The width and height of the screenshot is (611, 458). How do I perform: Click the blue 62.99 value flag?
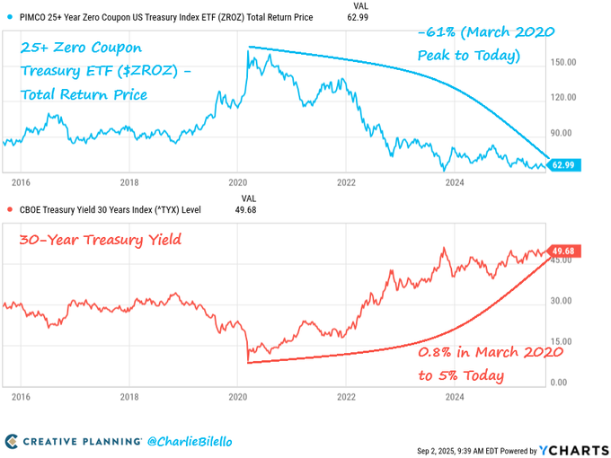564,165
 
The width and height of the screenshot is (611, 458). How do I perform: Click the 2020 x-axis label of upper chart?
238,180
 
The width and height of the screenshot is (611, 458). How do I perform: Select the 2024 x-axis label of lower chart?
455,395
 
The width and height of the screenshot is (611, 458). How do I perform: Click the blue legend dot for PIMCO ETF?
9,17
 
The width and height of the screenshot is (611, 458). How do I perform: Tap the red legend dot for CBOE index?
9,210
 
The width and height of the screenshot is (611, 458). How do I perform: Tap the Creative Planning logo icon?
12,441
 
